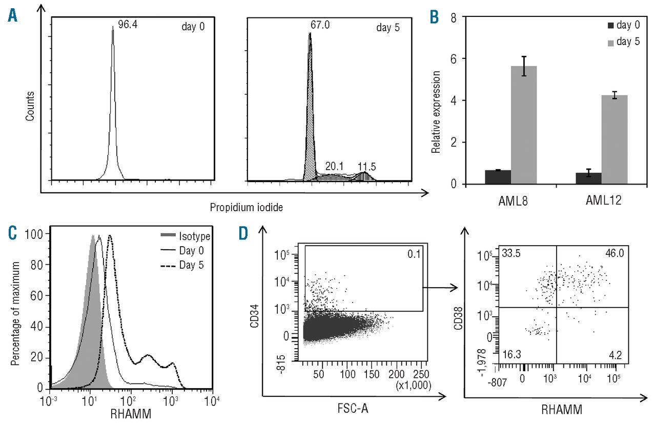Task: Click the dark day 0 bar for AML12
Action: [x=588, y=178]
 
